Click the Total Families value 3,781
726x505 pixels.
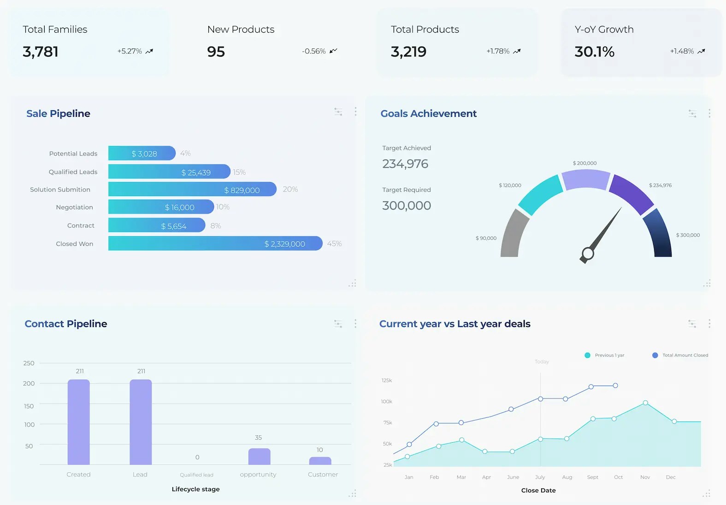(41, 52)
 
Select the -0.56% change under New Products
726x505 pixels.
(314, 51)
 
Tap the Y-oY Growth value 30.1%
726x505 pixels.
(594, 52)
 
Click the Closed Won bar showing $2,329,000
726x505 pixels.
(215, 244)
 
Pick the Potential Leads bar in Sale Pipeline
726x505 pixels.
(142, 153)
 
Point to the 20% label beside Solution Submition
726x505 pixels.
(290, 189)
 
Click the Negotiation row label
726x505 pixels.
(74, 208)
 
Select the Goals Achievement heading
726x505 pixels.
(428, 113)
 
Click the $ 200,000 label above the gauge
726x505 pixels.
(584, 163)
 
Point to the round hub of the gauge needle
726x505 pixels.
(588, 254)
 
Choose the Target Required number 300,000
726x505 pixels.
(407, 206)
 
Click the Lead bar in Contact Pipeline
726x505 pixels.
(141, 422)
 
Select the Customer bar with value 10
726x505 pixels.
(320, 461)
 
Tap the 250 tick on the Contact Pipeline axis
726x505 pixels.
(29, 363)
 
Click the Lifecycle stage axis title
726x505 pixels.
(195, 489)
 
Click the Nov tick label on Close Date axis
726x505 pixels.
(645, 477)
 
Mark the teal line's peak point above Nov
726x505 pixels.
(645, 403)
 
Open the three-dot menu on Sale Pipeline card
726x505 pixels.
(355, 112)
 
